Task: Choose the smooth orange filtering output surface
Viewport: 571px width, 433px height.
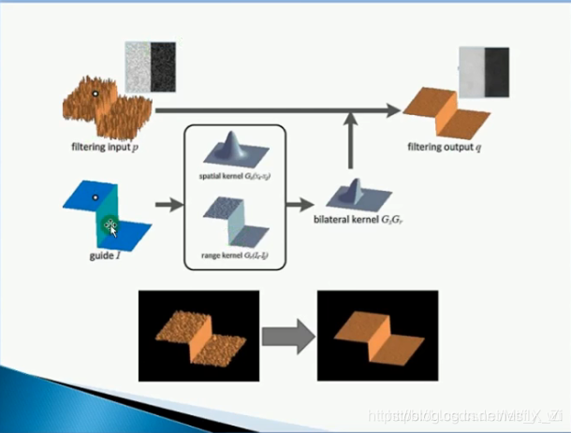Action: coord(444,111)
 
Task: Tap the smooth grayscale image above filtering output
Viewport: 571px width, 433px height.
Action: coord(485,68)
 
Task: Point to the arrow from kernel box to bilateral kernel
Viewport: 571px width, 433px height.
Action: coord(302,203)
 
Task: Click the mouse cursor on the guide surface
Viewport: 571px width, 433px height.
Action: coord(110,224)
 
